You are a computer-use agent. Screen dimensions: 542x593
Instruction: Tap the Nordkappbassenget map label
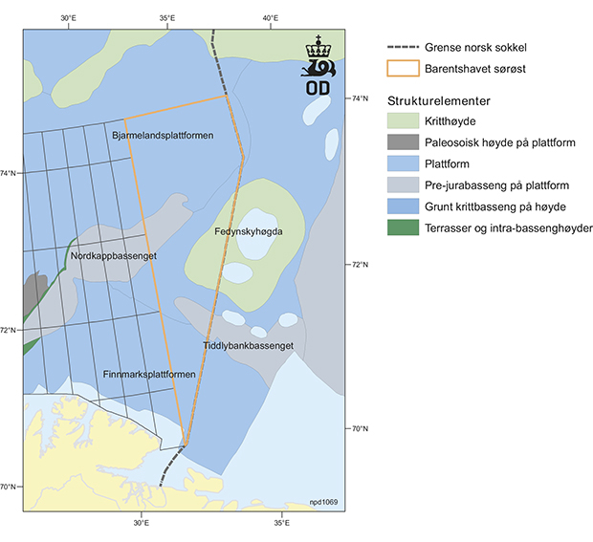pyautogui.click(x=113, y=256)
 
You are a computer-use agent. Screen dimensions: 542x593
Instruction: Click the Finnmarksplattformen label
pyautogui.click(x=148, y=374)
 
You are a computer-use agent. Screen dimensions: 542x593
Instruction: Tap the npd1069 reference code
pyautogui.click(x=323, y=502)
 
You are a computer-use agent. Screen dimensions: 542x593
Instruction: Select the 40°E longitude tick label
pyautogui.click(x=270, y=17)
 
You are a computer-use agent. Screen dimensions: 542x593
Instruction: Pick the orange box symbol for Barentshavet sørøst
pyautogui.click(x=406, y=68)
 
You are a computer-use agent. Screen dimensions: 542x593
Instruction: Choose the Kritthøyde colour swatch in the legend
pyautogui.click(x=406, y=121)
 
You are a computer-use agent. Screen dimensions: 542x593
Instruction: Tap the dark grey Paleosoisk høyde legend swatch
pyautogui.click(x=406, y=142)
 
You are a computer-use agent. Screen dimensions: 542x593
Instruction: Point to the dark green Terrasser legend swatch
pyautogui.click(x=406, y=228)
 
